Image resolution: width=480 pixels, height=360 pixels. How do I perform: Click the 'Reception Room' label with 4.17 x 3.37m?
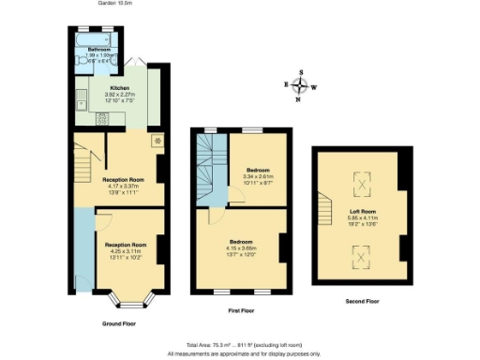click(123, 178)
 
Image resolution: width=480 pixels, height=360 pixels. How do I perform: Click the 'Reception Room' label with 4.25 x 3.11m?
click(128, 244)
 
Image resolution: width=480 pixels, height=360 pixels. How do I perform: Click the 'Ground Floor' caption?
click(118, 323)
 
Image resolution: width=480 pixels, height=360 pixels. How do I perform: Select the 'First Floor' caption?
click(242, 307)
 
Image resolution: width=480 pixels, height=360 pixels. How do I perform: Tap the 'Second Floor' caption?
click(360, 301)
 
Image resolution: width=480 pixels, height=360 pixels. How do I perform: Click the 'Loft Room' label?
click(360, 212)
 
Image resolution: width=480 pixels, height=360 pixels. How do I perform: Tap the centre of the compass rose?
click(300, 86)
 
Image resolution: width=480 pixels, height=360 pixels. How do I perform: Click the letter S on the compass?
click(300, 72)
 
